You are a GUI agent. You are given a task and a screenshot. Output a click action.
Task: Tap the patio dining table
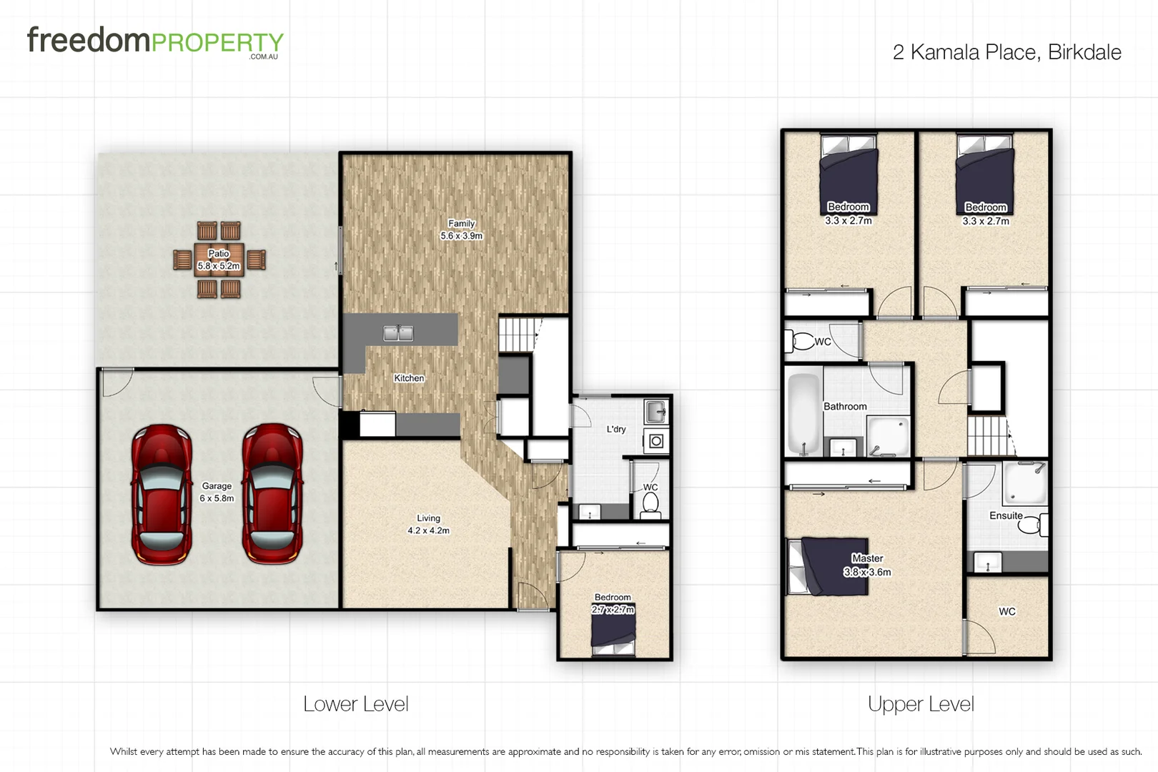219,259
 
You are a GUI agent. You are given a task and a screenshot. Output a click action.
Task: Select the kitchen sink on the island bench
398,333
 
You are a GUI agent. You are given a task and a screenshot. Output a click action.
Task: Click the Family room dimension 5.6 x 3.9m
461,236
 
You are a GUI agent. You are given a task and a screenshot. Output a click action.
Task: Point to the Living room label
429,518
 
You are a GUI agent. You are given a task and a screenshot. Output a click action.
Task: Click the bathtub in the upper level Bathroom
804,413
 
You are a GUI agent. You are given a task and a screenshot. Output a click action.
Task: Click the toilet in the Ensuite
1032,525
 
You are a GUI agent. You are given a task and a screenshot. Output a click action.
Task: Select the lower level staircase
517,335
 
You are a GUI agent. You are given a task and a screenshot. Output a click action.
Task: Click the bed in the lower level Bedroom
613,632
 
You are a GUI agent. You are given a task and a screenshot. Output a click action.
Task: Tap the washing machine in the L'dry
656,441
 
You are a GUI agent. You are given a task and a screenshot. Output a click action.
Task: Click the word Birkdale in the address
1084,52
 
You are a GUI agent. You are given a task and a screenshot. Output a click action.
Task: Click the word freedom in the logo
89,41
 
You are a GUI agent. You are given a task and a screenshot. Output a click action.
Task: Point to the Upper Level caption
921,704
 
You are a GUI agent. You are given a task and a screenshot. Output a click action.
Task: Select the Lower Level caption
355,704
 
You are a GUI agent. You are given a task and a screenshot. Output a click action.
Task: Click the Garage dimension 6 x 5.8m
217,498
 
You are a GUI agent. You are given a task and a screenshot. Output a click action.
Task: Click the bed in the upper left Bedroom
848,172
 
